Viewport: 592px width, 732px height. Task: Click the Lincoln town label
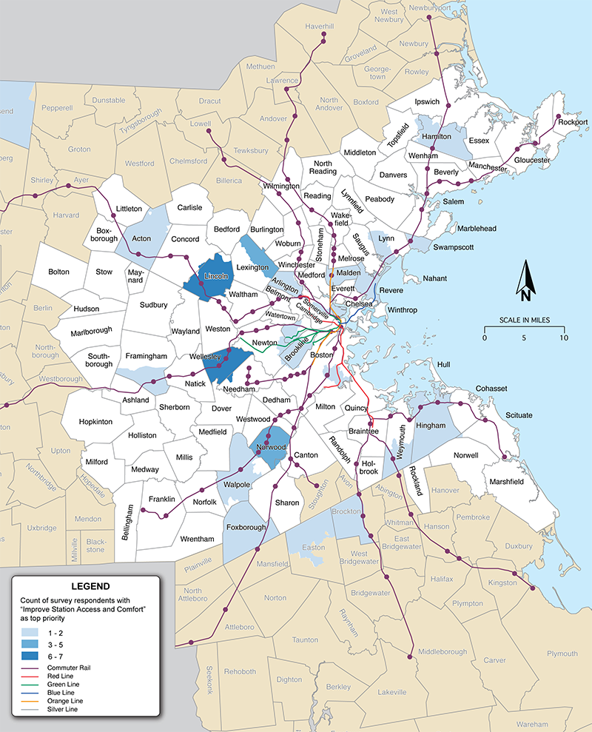[214, 275]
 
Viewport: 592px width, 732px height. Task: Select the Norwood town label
[271, 448]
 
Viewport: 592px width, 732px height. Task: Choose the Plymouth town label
[562, 654]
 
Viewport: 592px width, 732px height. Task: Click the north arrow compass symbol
[525, 282]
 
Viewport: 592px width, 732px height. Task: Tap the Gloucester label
[532, 160]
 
